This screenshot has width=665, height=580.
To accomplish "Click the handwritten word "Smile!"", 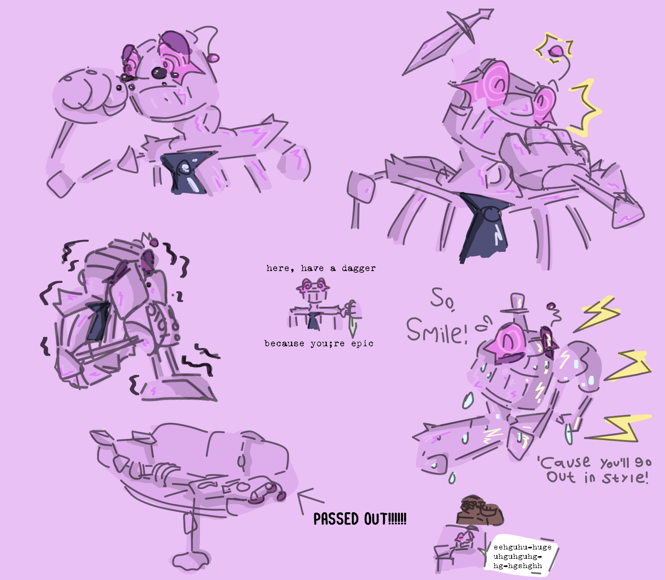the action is tap(437, 329).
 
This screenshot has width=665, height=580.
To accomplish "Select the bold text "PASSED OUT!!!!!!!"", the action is tap(360, 518).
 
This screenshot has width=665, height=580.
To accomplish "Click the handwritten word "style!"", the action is tap(625, 478).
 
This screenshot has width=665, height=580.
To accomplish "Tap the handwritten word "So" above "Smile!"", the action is tap(442, 299).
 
